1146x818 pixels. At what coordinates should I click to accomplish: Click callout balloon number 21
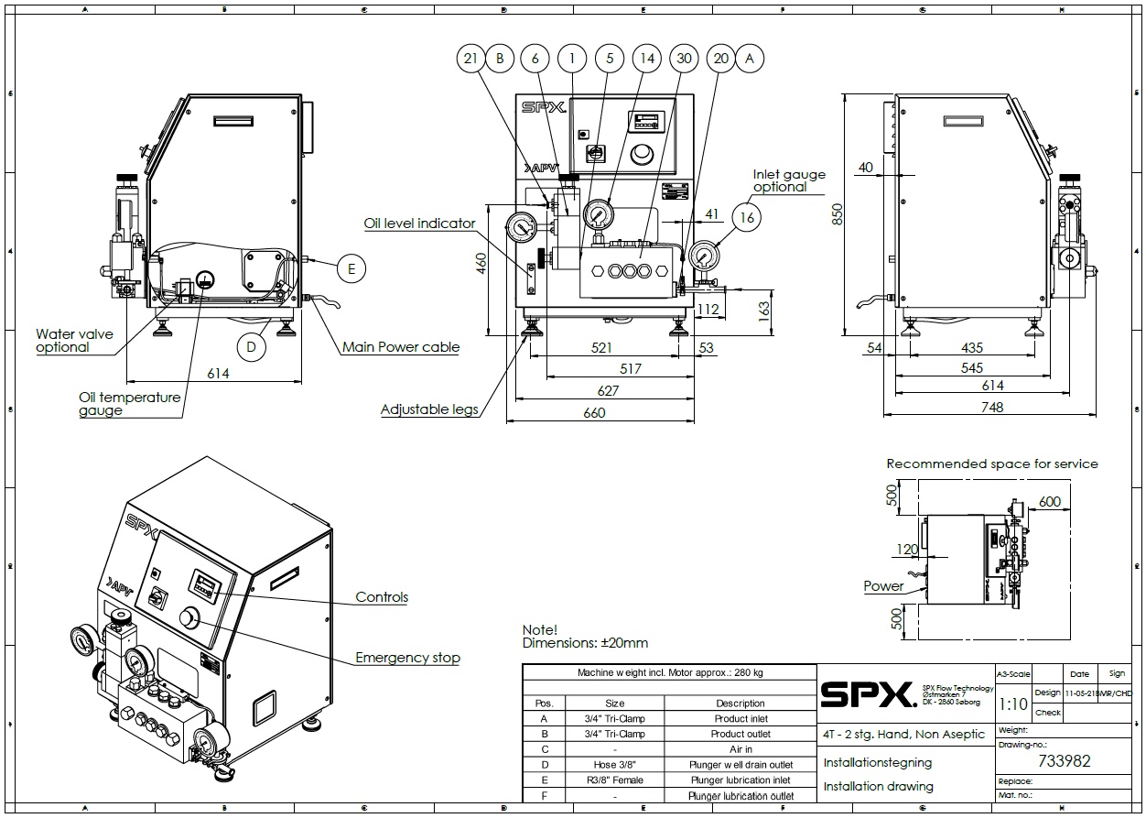(x=470, y=59)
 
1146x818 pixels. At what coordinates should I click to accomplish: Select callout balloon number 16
(x=748, y=217)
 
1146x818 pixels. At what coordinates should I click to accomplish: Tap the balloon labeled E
(x=351, y=268)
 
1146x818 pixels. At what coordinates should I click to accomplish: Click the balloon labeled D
(x=251, y=347)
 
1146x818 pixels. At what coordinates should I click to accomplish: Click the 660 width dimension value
(x=594, y=413)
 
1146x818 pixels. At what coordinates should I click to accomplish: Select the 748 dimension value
(x=991, y=408)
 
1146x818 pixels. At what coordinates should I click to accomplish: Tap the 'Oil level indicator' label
(x=419, y=223)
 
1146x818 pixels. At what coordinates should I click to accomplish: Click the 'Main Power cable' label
(x=400, y=347)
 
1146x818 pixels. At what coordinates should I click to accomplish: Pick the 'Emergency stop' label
(x=407, y=658)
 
